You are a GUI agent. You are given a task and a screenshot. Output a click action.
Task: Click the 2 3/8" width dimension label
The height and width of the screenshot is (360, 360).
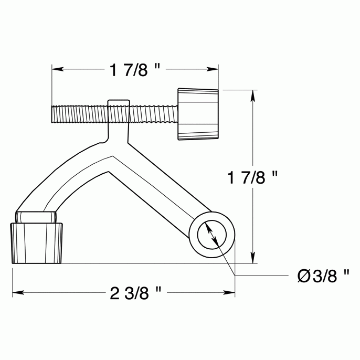coord(135,293)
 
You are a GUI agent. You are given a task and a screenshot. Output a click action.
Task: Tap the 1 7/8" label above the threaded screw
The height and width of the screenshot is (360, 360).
coord(135,70)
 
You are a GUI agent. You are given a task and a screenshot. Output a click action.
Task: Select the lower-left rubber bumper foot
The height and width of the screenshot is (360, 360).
coord(38,242)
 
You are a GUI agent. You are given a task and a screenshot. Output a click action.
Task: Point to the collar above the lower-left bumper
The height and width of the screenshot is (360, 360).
coord(36,217)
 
